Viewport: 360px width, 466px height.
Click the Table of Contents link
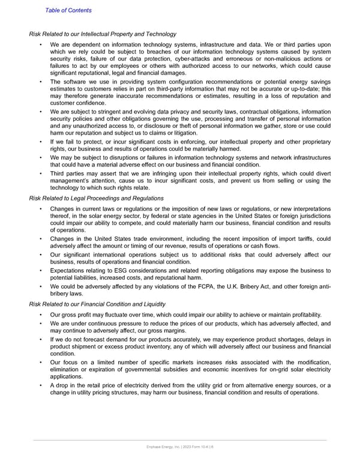(x=68, y=10)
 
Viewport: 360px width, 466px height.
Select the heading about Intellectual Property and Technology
(x=103, y=34)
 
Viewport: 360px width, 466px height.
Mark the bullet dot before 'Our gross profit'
(x=40, y=315)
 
